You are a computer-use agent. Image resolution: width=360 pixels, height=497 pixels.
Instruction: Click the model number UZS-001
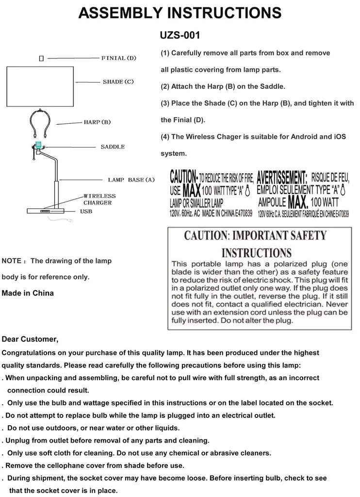(180, 36)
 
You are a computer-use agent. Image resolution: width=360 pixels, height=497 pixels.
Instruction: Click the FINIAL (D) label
(119, 58)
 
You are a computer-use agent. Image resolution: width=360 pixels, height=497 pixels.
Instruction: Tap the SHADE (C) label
(118, 82)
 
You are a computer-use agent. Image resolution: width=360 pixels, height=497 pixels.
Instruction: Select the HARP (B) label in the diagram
(98, 122)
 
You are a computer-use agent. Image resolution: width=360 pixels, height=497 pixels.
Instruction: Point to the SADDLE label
(113, 147)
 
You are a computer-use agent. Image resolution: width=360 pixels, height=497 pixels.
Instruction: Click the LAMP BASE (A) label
(131, 180)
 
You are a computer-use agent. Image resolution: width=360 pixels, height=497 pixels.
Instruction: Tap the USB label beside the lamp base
(86, 212)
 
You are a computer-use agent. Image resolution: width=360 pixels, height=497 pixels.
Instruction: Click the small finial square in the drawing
(41, 58)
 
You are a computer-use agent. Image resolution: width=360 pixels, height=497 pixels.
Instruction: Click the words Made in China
(28, 293)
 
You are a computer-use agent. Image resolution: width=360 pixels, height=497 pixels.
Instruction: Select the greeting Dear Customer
(30, 339)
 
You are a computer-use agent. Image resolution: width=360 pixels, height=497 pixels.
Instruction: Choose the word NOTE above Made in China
(12, 261)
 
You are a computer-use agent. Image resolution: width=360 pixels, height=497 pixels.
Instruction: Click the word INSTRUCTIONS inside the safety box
(256, 253)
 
